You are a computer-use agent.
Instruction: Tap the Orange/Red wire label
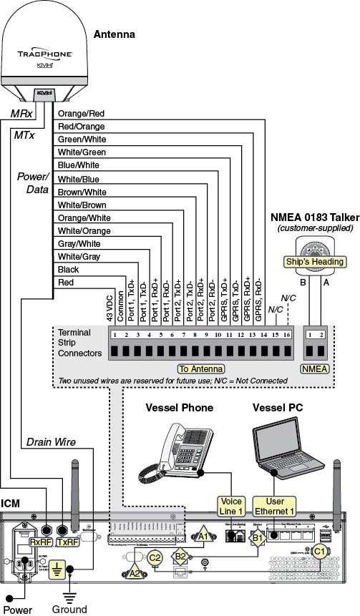(81, 113)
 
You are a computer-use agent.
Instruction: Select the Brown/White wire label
(82, 192)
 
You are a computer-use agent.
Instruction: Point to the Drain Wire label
(51, 443)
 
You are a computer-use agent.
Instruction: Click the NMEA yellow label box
(315, 368)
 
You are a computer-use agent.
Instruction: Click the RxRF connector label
(41, 542)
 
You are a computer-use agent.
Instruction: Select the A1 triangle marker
(203, 535)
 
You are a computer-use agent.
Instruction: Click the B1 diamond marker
(258, 537)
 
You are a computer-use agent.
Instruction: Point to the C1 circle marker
(320, 551)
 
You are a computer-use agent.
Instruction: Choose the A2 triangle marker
(135, 572)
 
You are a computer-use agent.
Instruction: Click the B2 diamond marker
(181, 556)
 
